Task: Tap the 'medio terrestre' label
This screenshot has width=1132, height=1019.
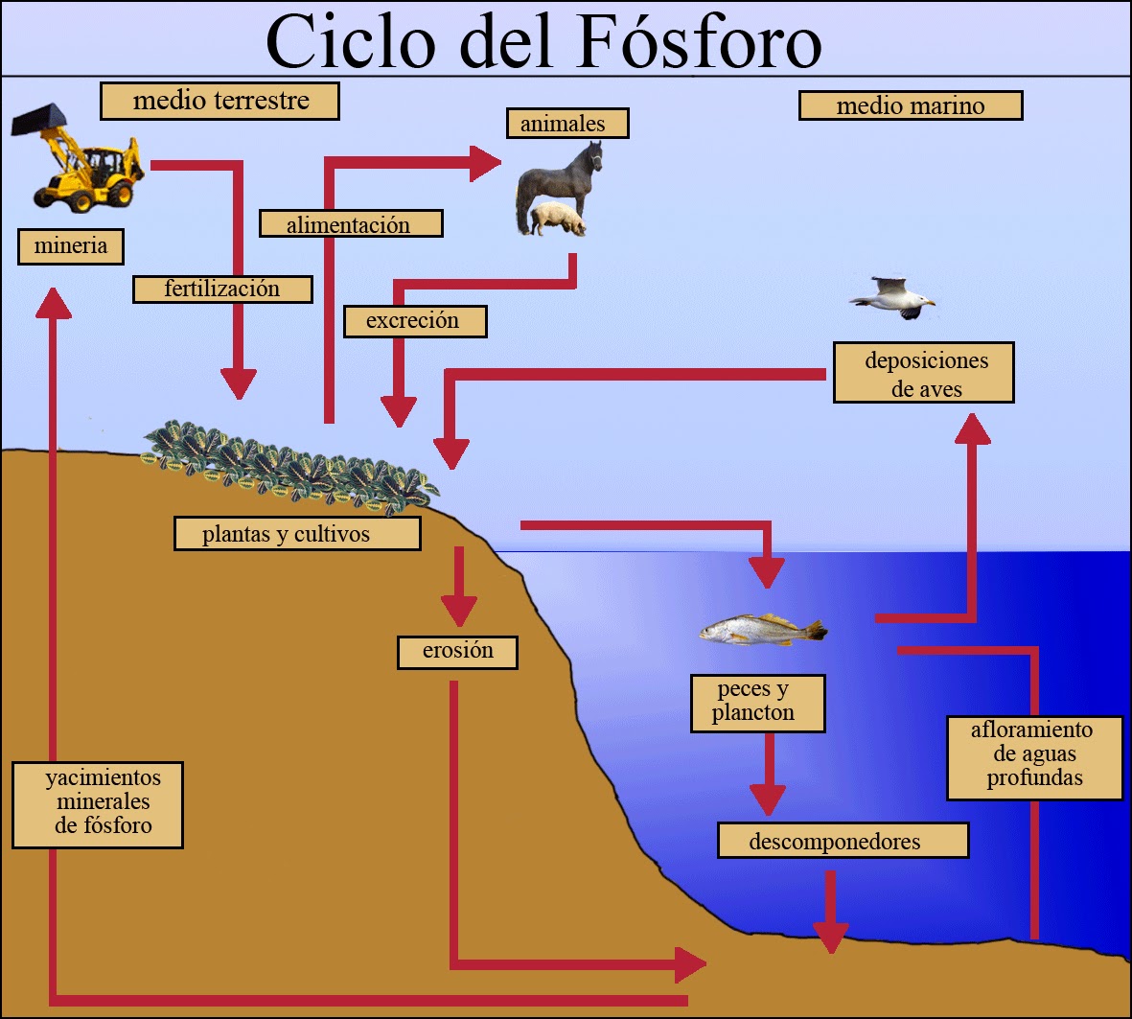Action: [x=219, y=101]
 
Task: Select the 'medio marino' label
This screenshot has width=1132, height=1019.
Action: [x=910, y=105]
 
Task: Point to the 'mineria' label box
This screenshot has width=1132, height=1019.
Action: [x=71, y=246]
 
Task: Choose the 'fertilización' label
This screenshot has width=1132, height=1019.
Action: [x=222, y=289]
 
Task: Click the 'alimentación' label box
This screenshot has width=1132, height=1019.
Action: [x=350, y=224]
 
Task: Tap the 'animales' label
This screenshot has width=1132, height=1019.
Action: [x=567, y=124]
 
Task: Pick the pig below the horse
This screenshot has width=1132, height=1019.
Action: [x=558, y=220]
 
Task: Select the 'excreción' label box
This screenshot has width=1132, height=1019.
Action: [x=413, y=321]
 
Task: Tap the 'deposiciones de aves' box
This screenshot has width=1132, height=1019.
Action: [x=923, y=373]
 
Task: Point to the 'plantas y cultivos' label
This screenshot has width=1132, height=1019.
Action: [x=297, y=534]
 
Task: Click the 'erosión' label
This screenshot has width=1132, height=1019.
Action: [x=457, y=652]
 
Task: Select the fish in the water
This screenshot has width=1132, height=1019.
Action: [x=762, y=630]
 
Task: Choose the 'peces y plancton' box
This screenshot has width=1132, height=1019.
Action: [x=756, y=703]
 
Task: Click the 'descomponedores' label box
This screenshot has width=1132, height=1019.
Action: [x=842, y=841]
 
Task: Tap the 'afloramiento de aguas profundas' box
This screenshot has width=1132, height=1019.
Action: [x=1034, y=756]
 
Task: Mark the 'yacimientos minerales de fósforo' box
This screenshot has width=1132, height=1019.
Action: [x=98, y=804]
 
